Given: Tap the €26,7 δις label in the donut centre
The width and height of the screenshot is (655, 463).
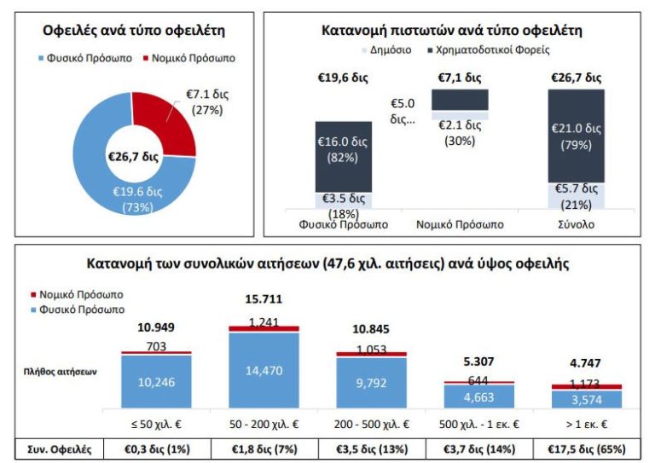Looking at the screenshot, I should coord(133,157).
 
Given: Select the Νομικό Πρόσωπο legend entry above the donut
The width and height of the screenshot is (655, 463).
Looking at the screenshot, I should coord(192,58).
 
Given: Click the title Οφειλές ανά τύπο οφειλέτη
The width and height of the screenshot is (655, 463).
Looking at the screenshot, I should coord(133,32).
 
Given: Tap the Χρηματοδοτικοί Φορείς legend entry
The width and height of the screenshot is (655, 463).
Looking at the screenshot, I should coord(495,49).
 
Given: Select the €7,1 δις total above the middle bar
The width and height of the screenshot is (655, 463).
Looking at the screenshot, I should coord(461,78).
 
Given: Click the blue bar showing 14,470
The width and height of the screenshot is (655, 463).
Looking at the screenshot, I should coord(264,371).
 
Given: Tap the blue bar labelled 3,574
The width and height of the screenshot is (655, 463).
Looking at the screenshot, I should coord(587,398).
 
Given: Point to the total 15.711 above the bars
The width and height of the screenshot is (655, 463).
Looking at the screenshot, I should coord(264,299).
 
